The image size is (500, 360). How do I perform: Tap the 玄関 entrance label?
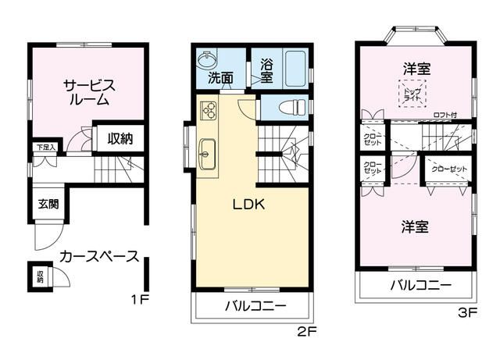[48, 205]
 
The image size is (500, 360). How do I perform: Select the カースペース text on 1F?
[99, 256]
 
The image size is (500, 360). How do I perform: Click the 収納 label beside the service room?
[120, 139]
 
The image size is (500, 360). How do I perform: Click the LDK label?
[249, 205]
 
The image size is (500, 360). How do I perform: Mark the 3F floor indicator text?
[466, 315]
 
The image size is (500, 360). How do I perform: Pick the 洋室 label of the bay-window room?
[416, 69]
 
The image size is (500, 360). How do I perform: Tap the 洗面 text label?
[220, 78]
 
